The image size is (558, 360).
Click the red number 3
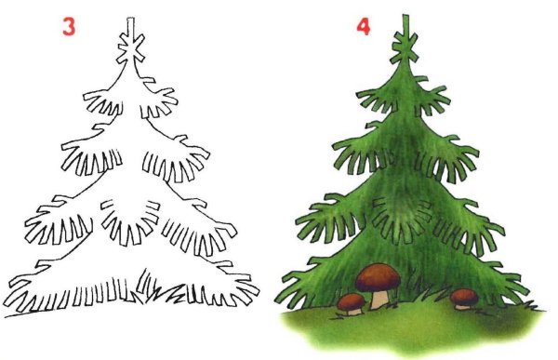68,25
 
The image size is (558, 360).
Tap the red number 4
363,25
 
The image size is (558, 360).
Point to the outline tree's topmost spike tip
131,18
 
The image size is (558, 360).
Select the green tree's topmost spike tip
405,16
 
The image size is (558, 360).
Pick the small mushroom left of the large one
351,303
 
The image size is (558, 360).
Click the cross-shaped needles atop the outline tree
131,46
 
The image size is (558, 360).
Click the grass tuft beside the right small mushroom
437,300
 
